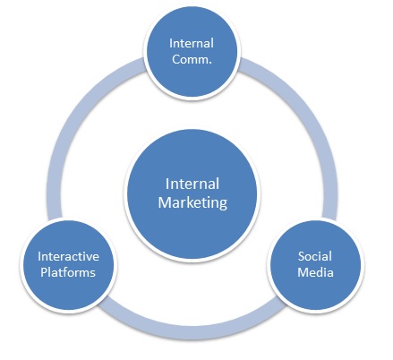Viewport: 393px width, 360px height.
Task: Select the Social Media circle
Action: click(315, 263)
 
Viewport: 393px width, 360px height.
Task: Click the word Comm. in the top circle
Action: click(192, 59)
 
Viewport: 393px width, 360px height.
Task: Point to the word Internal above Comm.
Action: click(192, 42)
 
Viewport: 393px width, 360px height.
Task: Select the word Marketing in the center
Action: click(192, 202)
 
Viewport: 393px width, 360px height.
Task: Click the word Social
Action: click(315, 255)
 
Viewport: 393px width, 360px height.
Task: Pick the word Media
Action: click(315, 272)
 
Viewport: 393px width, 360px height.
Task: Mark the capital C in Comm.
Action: click(177, 59)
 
